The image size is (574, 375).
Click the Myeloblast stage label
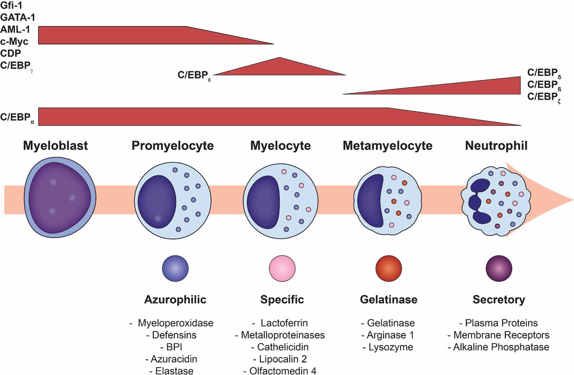(56, 146)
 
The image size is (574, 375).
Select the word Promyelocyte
(173, 146)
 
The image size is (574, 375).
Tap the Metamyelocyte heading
(387, 146)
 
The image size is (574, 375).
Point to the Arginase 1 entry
(388, 335)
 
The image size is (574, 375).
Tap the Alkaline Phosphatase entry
(499, 347)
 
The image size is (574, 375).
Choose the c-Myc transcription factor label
(15, 41)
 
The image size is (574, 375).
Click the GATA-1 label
(18, 17)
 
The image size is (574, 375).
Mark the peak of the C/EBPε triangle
(279, 58)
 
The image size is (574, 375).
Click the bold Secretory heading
(499, 300)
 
